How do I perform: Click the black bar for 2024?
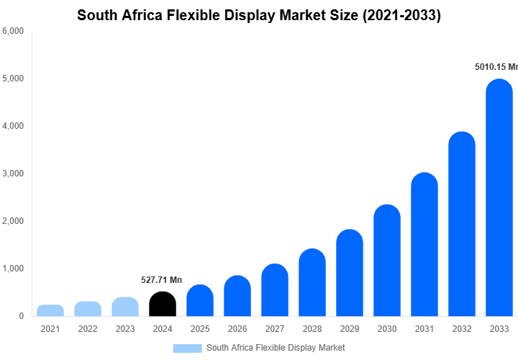163,304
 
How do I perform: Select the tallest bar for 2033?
499,198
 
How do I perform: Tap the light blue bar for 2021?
50,310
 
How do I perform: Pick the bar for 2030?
387,261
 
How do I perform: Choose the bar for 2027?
275,290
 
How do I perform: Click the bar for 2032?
462,224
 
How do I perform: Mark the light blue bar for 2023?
125,307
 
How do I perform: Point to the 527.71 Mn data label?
162,279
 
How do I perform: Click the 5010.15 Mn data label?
496,67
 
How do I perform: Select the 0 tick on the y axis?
21,316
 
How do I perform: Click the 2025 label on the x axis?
200,329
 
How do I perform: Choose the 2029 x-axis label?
350,329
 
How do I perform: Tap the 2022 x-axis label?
88,329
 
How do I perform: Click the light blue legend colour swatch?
187,348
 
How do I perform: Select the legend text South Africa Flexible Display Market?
276,348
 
